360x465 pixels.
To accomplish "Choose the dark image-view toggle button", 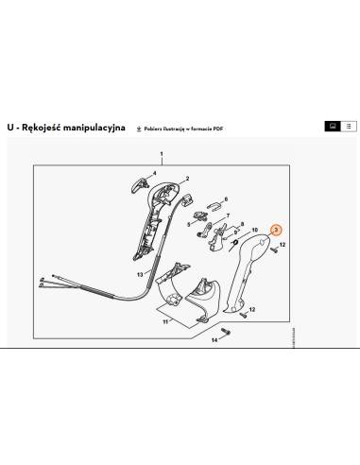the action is pos(332,126).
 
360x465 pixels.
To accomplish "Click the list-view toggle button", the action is pos(348,126).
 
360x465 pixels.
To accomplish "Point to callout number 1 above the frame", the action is pos(162,153).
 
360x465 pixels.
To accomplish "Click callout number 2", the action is pos(187,179).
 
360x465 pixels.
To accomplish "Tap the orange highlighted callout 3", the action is pos(276,230).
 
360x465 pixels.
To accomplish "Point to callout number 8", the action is pos(242,224).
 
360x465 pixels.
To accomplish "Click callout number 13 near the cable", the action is pos(139,274).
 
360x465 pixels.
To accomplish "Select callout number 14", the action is pos(214,338).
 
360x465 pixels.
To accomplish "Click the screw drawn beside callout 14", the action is pos(231,335).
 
